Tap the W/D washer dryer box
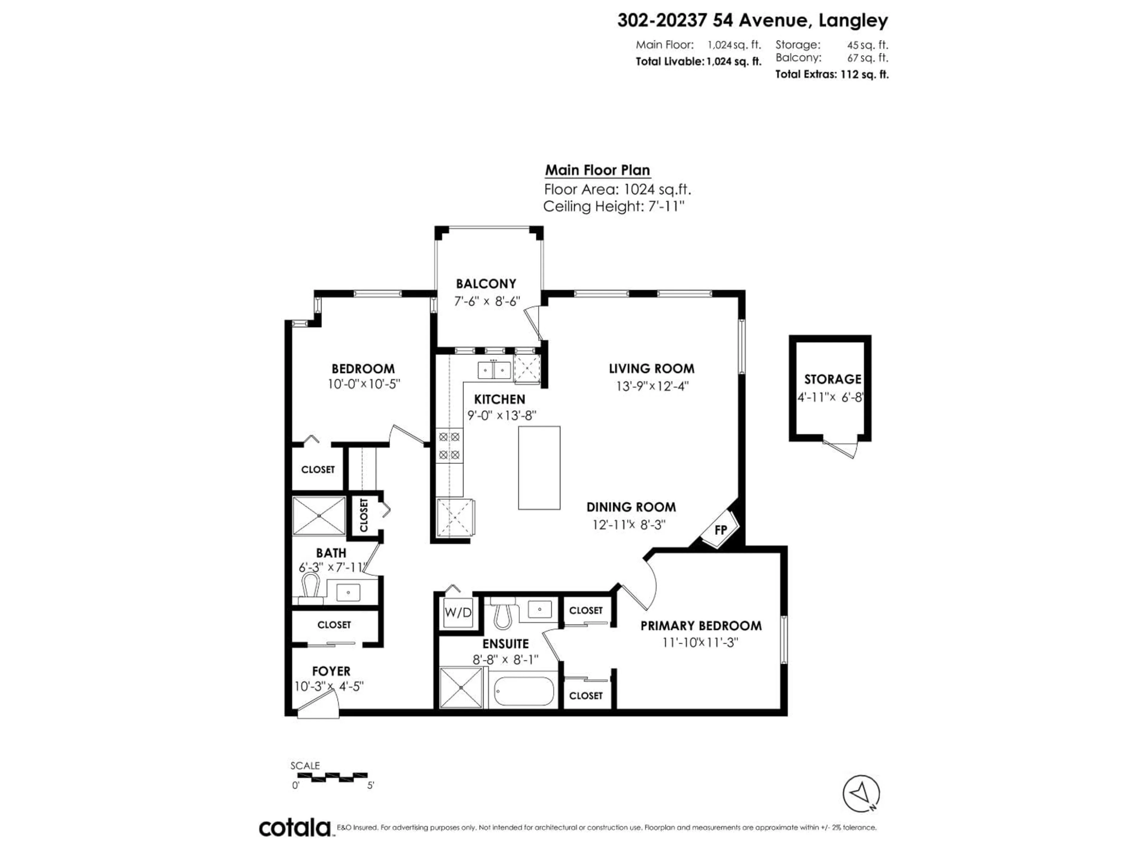[x=458, y=612]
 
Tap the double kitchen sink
[x=494, y=370]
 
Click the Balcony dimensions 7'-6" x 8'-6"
[x=487, y=301]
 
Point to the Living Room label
[x=651, y=369]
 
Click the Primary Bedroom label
[x=701, y=625]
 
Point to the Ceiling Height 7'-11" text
[x=613, y=207]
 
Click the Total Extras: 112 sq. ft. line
[x=831, y=74]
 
